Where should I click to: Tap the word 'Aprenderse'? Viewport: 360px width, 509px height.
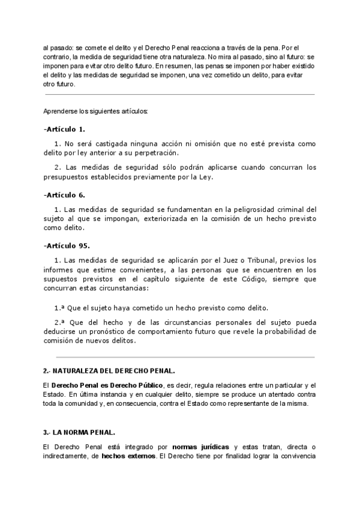pos(61,112)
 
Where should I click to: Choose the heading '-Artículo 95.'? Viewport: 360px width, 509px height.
pos(67,245)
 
